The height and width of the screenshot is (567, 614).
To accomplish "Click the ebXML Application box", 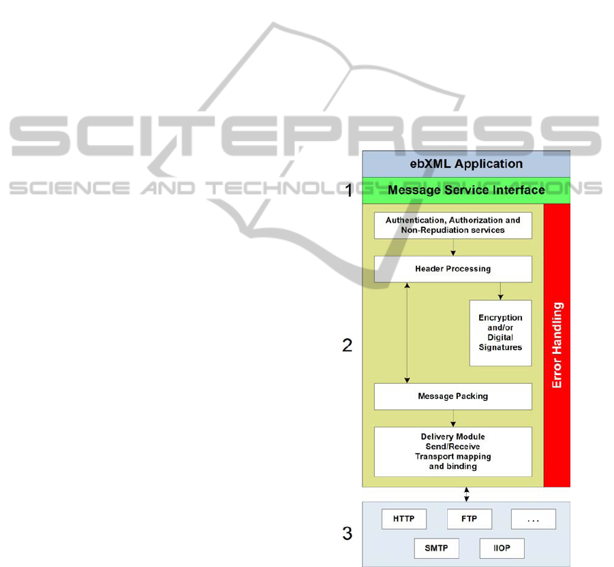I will (x=465, y=163).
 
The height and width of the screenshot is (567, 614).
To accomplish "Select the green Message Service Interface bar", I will (x=465, y=191).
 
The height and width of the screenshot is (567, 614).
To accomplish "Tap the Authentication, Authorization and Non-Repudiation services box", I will (x=452, y=225).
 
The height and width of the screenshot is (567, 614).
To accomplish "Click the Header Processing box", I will (x=452, y=269).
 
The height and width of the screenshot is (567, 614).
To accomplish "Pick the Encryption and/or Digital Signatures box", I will (x=500, y=333).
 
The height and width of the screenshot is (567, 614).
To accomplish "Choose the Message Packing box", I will (x=452, y=396).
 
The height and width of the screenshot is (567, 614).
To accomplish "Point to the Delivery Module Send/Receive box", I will (x=452, y=452).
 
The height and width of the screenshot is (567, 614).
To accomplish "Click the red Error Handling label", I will (x=557, y=346).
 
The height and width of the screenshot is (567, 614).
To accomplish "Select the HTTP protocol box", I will (x=403, y=519).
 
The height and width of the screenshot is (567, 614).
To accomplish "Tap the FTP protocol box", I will (x=469, y=519).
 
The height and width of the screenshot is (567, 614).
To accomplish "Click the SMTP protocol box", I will (x=436, y=549).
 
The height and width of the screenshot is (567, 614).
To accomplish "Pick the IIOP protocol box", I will (x=502, y=549).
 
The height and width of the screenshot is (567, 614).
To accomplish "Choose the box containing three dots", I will (x=534, y=519).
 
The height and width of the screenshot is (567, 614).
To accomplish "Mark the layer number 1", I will (x=349, y=191).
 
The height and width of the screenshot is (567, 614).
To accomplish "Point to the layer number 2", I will (x=348, y=346).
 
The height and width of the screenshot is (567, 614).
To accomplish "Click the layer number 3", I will (x=348, y=534).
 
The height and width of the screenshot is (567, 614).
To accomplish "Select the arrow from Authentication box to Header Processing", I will (x=453, y=247).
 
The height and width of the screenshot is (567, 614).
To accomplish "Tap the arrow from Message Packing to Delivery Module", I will (x=453, y=418).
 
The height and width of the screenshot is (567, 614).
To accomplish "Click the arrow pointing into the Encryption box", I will (x=500, y=291).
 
